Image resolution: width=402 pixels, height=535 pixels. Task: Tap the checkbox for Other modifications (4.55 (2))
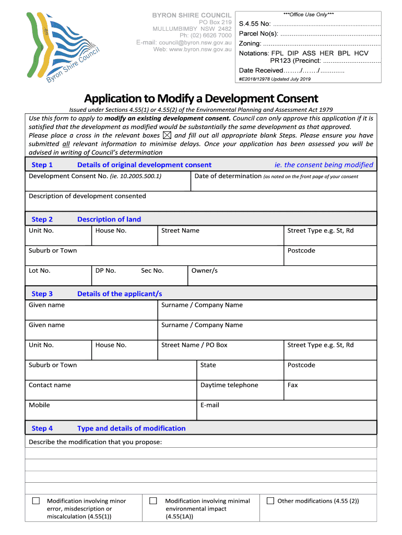point(270,501)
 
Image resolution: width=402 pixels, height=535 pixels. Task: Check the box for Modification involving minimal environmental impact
point(153,501)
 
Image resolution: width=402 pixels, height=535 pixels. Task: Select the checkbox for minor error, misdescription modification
point(36,501)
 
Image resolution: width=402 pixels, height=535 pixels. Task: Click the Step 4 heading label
point(42,428)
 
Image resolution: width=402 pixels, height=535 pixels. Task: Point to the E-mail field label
point(209,405)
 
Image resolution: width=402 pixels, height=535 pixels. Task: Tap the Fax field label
point(292,385)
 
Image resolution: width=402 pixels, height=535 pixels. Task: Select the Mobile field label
point(39,405)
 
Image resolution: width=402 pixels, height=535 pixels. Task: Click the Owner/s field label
point(204,271)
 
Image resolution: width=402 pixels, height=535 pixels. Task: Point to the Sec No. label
point(152,271)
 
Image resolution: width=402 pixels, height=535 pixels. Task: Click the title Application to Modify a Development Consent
point(201,98)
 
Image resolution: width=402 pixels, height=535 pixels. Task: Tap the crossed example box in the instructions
point(167,135)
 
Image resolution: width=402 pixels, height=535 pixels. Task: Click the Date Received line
point(291,71)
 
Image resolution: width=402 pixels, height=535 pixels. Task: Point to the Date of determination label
point(228,176)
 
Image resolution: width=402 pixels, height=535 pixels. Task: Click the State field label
point(208,365)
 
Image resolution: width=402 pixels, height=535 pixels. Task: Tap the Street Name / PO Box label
point(194,345)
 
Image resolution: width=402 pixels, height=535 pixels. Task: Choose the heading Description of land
point(109,219)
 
